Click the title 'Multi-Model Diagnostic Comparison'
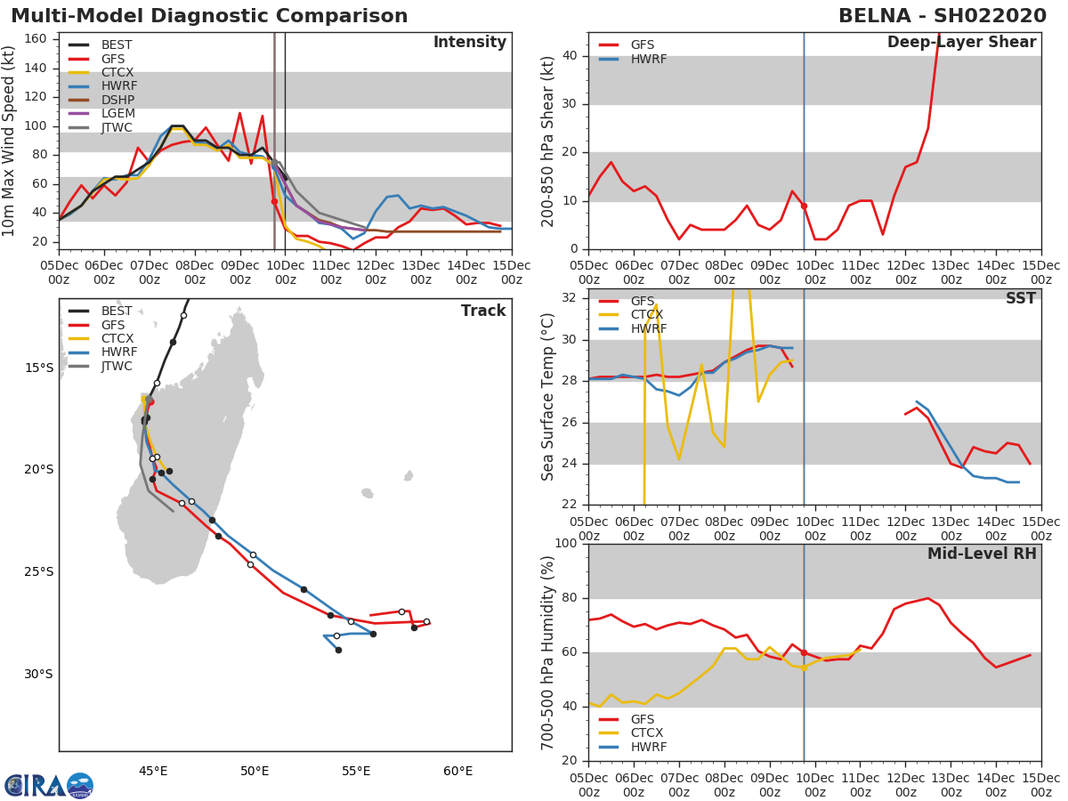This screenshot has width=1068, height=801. pyautogui.click(x=209, y=16)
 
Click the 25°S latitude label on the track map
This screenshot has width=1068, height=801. pyautogui.click(x=39, y=572)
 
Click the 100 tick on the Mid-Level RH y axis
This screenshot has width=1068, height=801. pyautogui.click(x=566, y=544)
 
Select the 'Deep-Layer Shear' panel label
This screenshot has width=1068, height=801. pyautogui.click(x=961, y=43)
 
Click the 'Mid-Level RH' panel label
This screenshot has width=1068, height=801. pyautogui.click(x=982, y=554)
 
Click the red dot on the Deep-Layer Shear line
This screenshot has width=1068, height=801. pyautogui.click(x=804, y=206)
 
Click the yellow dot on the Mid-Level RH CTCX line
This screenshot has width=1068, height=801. pyautogui.click(x=804, y=667)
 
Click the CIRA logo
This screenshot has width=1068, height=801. pyautogui.click(x=49, y=786)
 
